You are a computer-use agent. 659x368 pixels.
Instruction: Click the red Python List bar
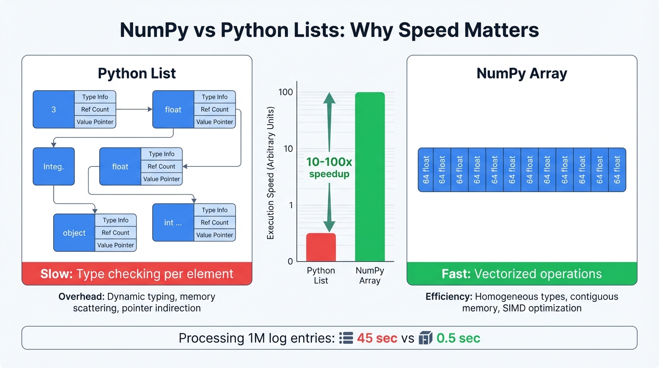pyautogui.click(x=321, y=247)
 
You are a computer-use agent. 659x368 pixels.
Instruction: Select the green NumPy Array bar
pyautogui.click(x=370, y=177)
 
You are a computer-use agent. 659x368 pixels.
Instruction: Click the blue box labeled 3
pyautogui.click(x=54, y=110)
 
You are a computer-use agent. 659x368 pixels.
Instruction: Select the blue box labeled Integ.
pyautogui.click(x=54, y=167)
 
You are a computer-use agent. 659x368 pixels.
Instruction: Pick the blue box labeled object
pyautogui.click(x=74, y=233)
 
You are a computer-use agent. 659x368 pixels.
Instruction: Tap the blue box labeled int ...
pyautogui.click(x=173, y=223)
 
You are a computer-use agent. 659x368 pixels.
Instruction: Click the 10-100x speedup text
pyautogui.click(x=329, y=168)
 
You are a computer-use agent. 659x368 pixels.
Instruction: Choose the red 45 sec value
pyautogui.click(x=377, y=338)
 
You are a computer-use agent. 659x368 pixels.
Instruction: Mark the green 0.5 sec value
pyautogui.click(x=458, y=338)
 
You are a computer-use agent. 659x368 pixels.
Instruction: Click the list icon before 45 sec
pyautogui.click(x=345, y=338)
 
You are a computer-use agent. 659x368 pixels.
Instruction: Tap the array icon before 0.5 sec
pyautogui.click(x=425, y=338)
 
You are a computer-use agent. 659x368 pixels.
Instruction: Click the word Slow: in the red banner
pyautogui.click(x=56, y=274)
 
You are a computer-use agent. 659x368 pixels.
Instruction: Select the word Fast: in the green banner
pyautogui.click(x=456, y=274)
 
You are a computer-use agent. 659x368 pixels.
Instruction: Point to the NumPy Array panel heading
pyautogui.click(x=522, y=73)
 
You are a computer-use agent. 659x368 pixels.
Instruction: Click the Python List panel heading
pyautogui.click(x=136, y=73)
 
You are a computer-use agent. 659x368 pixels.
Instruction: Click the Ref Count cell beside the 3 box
pyautogui.click(x=95, y=110)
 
